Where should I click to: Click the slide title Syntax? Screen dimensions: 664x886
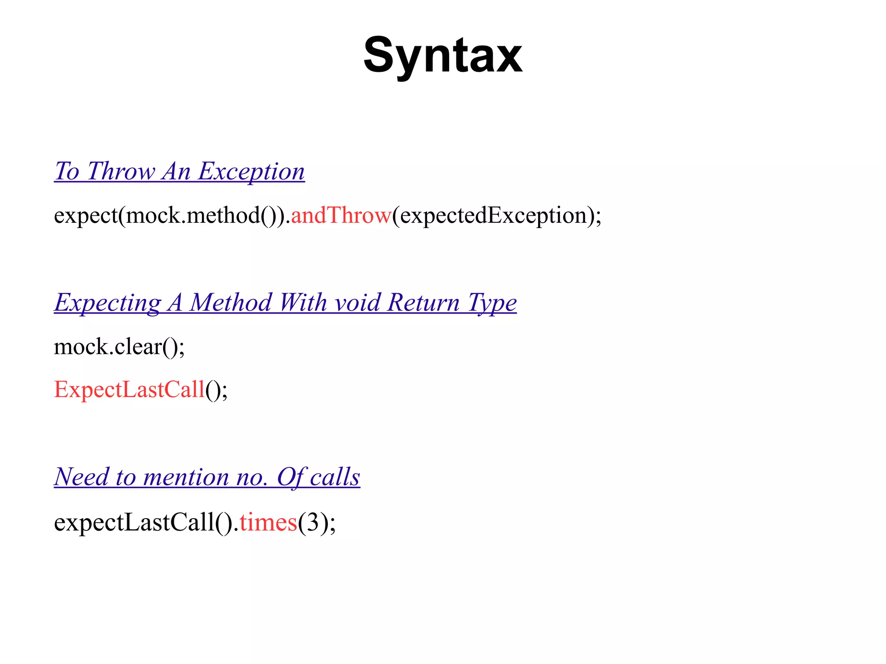443,56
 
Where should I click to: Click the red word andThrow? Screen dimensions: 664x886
341,215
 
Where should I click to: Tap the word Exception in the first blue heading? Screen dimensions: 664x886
251,171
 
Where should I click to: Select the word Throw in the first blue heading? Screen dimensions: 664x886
121,171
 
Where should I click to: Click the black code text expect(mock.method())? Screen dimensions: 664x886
171,215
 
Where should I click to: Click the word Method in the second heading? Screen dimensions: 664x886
231,302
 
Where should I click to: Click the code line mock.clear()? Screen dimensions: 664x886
119,346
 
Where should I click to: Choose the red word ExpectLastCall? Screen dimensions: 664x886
129,389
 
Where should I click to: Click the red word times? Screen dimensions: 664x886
268,522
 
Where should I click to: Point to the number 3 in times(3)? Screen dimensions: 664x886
312,522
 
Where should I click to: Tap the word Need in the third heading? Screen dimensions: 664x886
81,477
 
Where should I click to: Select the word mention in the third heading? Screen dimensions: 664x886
186,477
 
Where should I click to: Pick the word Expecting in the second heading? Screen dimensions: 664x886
107,302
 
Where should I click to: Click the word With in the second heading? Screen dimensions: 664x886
303,302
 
